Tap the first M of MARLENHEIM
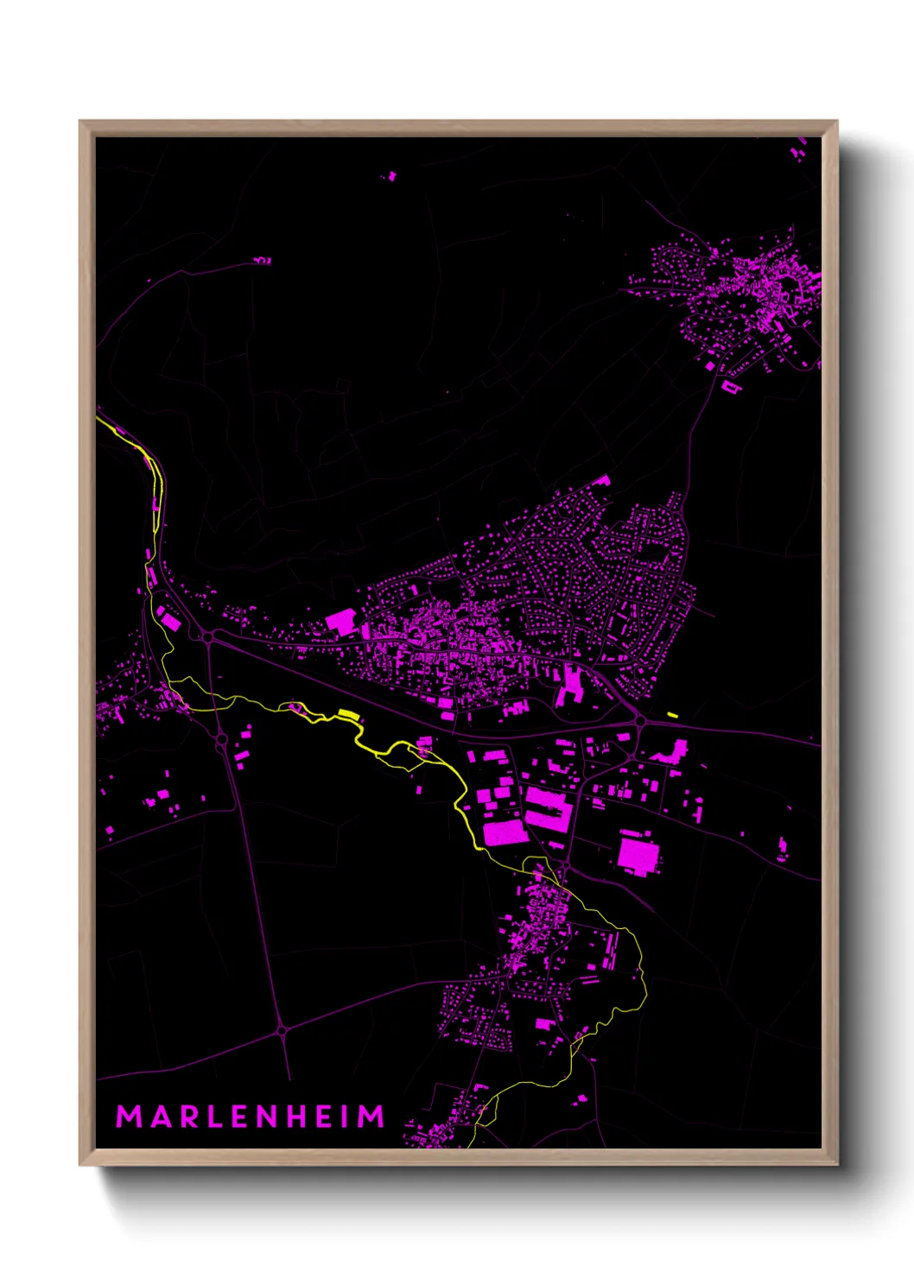coord(129,1117)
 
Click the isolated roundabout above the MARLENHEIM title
coord(282,1029)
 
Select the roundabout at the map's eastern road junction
coord(640,720)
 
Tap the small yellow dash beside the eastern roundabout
coord(672,714)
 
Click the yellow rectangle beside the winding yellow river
coord(348,713)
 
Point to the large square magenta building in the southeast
coord(638,854)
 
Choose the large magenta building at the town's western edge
coord(340,621)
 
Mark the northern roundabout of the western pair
coord(209,636)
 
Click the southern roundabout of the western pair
coord(221,739)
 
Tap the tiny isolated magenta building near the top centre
coord(390,176)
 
